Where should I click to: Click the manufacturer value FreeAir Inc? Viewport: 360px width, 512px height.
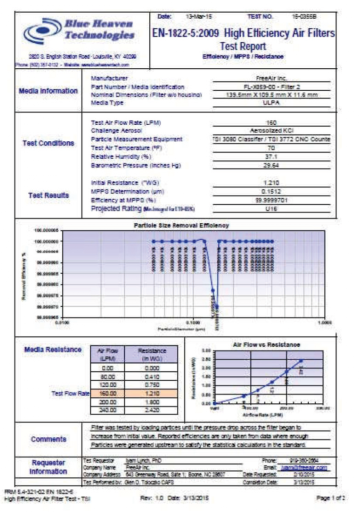click(270, 78)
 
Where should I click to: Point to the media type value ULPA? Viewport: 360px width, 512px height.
click(270, 102)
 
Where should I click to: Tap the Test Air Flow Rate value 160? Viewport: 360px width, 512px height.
click(270, 122)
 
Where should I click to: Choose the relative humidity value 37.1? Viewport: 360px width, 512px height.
click(270, 156)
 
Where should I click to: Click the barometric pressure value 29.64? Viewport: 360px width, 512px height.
click(270, 164)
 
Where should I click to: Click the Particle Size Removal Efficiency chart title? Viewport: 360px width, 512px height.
click(181, 225)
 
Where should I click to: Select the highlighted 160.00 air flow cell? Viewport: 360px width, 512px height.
click(107, 393)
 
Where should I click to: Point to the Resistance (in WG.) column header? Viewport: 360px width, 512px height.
click(151, 354)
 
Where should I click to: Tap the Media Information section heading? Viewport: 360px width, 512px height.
click(48, 91)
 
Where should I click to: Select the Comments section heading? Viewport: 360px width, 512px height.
click(48, 439)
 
